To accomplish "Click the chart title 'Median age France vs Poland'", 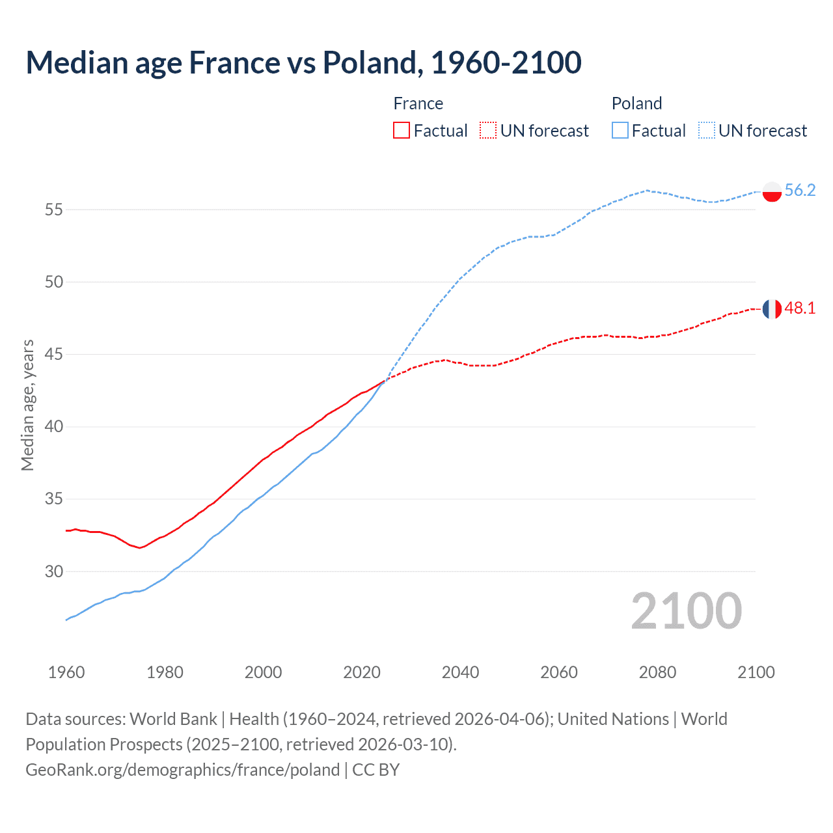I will (303, 63).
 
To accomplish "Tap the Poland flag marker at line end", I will (771, 191).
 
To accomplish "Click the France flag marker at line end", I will (771, 309).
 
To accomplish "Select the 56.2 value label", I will (800, 190).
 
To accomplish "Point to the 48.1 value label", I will (800, 308).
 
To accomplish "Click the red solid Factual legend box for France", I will (402, 131).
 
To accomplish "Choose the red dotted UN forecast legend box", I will (488, 131).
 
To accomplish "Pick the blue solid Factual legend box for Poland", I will (620, 131).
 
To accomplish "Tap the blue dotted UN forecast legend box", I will (706, 131).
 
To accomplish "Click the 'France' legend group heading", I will (418, 103).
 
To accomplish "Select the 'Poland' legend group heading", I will (636, 103).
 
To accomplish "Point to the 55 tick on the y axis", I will (54, 210).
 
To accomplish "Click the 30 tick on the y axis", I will (54, 571).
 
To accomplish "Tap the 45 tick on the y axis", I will (54, 355).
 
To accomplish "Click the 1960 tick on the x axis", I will (66, 672).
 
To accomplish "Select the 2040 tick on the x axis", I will (460, 672).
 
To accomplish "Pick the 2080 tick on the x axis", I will (657, 672).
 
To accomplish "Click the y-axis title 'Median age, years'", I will (27, 405).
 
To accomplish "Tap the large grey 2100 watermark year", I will (686, 611).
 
